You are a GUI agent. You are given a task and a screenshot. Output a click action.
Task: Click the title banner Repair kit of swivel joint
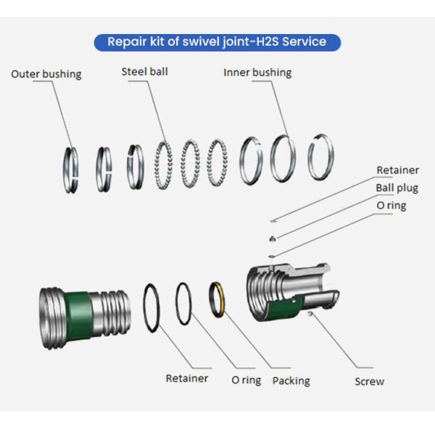pos(217,41)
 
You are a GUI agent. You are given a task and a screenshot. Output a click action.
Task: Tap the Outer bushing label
pos(46,74)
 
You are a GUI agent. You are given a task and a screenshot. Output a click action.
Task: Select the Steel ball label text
pos(144,71)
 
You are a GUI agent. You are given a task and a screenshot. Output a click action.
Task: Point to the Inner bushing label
pos(257,72)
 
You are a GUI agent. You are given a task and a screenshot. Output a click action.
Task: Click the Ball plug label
pos(397,188)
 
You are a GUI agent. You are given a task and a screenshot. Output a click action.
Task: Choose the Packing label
pos(291,381)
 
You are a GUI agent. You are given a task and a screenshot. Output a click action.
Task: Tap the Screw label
pos(369,381)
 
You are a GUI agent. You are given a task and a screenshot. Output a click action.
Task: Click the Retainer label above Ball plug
pos(397,170)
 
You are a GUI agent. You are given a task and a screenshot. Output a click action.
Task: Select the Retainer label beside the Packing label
pos(186,378)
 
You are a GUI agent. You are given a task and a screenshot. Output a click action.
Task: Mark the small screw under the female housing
pos(311,313)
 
